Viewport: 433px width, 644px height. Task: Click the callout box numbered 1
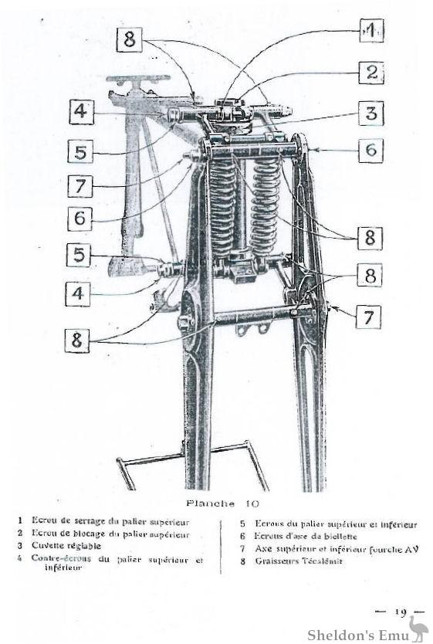click(x=371, y=30)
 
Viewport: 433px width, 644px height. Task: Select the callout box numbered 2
click(x=372, y=73)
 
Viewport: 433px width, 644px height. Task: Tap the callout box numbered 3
click(x=372, y=114)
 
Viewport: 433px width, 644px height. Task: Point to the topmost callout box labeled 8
click(x=129, y=39)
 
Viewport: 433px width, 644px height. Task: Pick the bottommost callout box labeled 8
click(x=77, y=340)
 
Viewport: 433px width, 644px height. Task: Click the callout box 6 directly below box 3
click(x=372, y=150)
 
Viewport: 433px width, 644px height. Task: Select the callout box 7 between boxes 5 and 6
click(x=79, y=186)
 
